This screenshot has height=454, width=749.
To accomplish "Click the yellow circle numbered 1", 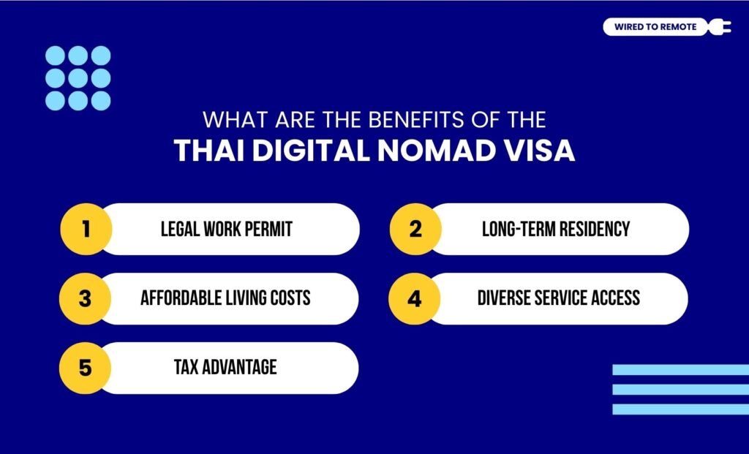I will (x=86, y=229).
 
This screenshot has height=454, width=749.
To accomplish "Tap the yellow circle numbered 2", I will (x=415, y=229).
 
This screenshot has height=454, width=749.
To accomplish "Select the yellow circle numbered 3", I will (x=86, y=298).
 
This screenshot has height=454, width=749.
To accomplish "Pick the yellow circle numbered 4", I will (x=415, y=298).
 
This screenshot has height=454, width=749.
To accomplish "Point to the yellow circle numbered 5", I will (x=86, y=368).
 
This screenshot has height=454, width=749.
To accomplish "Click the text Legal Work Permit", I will (x=226, y=229).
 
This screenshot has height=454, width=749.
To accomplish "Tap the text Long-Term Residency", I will (x=555, y=229).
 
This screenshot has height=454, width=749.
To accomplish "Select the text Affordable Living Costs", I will (x=225, y=298).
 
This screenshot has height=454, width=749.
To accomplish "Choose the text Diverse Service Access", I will (x=558, y=298).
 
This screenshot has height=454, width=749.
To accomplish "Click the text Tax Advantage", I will (x=225, y=367).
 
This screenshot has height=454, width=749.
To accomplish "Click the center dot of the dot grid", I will (x=78, y=77).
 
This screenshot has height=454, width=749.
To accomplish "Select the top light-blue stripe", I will (x=680, y=370).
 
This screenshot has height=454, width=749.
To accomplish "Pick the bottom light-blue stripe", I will (x=680, y=409).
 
